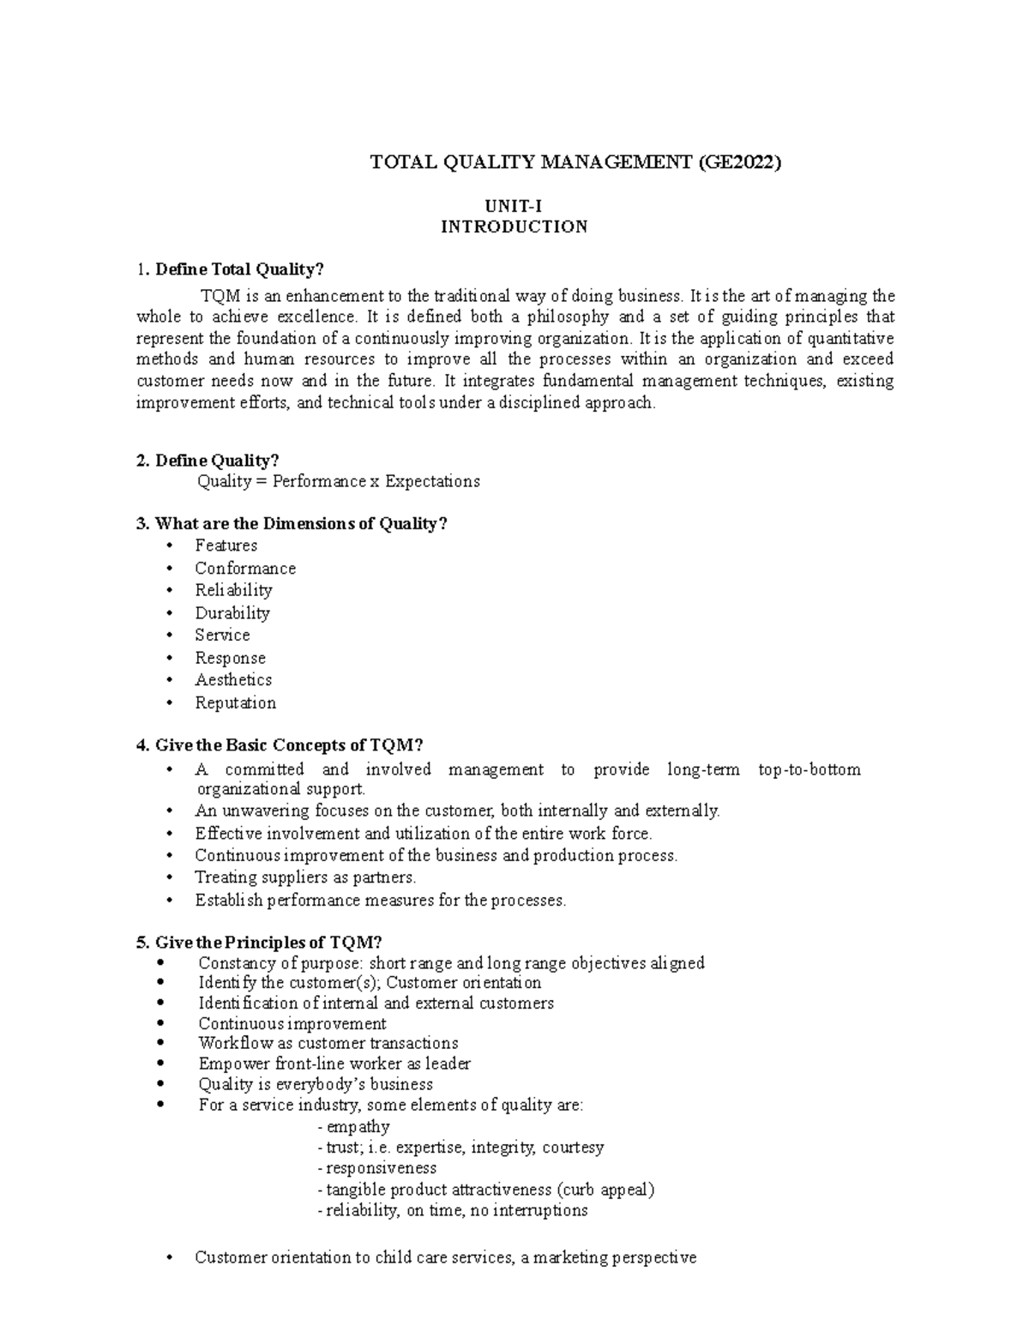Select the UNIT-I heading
pos(514,206)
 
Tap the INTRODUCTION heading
pos(514,227)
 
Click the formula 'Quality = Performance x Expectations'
pos(339,481)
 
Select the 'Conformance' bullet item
pos(245,569)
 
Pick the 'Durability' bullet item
pos(232,613)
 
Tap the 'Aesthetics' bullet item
pos(233,680)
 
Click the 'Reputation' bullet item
pos(236,703)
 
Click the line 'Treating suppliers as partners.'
pos(305,877)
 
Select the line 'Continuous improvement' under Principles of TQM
pos(292,1024)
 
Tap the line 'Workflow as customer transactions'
pos(328,1044)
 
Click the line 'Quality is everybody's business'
pos(316,1084)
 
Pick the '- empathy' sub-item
pos(353,1127)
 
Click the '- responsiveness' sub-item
pos(376,1168)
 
